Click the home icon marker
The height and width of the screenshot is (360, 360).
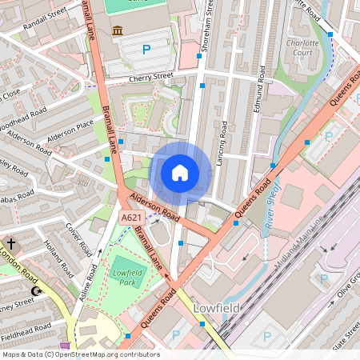(x=180, y=172)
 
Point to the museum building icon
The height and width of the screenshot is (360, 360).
(x=118, y=30)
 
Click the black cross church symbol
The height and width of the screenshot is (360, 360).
(x=11, y=242)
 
